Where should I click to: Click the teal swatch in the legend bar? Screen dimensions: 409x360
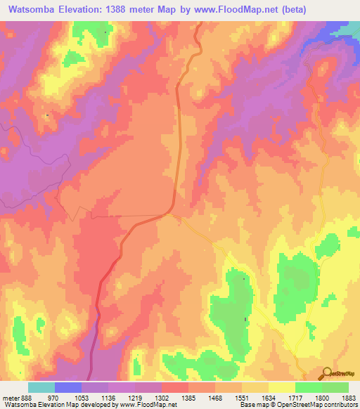click(x=41, y=387)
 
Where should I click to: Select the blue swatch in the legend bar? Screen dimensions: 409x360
click(x=68, y=387)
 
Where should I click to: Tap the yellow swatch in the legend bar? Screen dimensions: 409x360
click(x=281, y=387)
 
